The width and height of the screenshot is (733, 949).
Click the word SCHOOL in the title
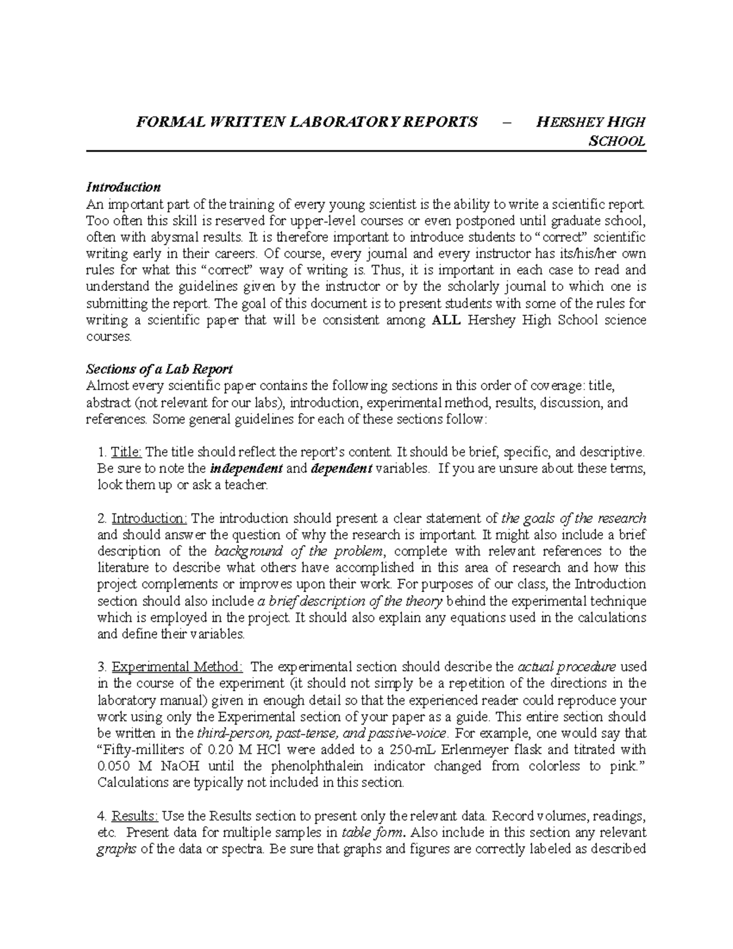(x=616, y=142)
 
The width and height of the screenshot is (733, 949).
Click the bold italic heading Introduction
(x=123, y=187)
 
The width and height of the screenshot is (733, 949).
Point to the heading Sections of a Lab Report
(x=159, y=369)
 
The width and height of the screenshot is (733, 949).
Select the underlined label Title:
(x=127, y=452)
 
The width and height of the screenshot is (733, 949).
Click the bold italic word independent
(x=246, y=469)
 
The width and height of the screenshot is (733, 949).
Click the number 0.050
(x=114, y=766)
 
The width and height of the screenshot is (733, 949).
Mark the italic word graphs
(x=117, y=849)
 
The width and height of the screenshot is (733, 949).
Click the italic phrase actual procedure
(x=566, y=666)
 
